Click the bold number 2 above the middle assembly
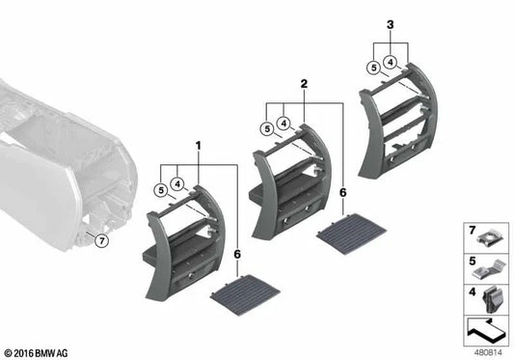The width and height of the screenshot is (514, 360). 303,85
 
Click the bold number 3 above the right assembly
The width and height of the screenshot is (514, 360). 390,23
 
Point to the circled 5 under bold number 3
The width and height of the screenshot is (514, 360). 371,67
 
